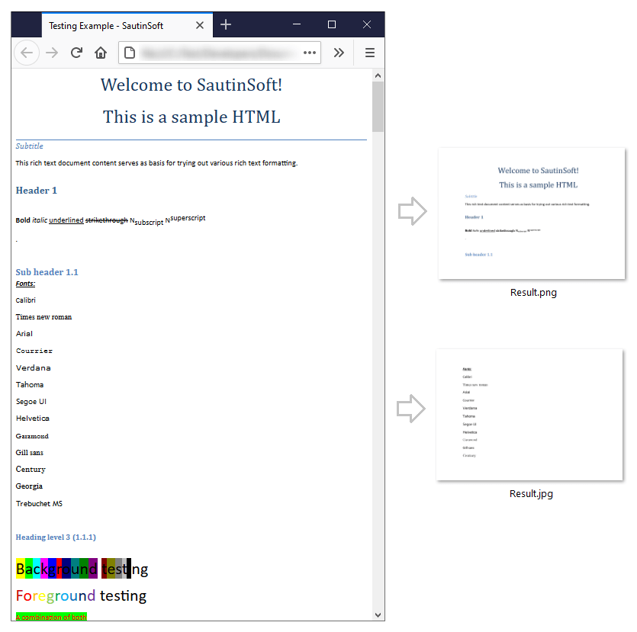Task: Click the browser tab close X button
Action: pyautogui.click(x=200, y=25)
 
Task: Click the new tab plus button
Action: pyautogui.click(x=226, y=24)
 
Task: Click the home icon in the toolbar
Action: pyautogui.click(x=101, y=53)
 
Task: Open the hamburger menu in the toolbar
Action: pyautogui.click(x=370, y=53)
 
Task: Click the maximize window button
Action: pyautogui.click(x=332, y=24)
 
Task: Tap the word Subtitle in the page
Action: pyautogui.click(x=30, y=146)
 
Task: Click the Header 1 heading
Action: pyautogui.click(x=37, y=191)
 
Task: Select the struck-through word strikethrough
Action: pyautogui.click(x=106, y=220)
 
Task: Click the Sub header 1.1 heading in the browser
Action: pyautogui.click(x=47, y=272)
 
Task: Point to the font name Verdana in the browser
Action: pyautogui.click(x=33, y=367)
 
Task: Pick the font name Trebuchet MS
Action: pyautogui.click(x=39, y=503)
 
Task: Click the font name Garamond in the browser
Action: pyautogui.click(x=32, y=436)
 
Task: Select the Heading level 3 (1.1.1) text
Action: pyautogui.click(x=56, y=537)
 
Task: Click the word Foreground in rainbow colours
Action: pyautogui.click(x=56, y=595)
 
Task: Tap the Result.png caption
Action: pyautogui.click(x=533, y=293)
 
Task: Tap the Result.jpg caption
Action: pyautogui.click(x=531, y=494)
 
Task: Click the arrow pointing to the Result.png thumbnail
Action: pyautogui.click(x=413, y=211)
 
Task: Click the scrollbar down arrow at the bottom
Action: pyautogui.click(x=378, y=614)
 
